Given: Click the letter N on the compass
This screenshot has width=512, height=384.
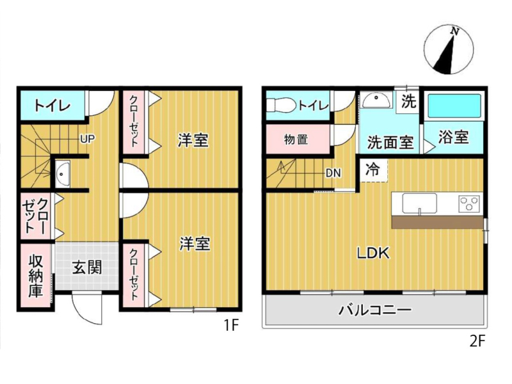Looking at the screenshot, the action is tap(454, 31).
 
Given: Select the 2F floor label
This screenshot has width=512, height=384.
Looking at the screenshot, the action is tap(477, 341).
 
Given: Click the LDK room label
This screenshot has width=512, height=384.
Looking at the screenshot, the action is tap(373, 253).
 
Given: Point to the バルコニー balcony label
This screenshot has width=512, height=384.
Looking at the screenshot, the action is tap(375, 310).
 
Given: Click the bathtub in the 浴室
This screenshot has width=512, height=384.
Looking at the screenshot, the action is tap(454, 106).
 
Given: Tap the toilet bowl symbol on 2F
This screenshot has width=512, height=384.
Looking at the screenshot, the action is tap(281, 105).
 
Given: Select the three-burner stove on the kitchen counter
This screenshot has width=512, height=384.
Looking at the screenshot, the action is tap(469, 203).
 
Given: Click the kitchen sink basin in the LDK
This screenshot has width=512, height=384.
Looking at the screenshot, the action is tap(420, 203).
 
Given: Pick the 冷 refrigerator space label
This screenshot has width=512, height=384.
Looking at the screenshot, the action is tap(372, 169).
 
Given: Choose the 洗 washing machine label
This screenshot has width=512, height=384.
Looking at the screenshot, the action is tap(408, 101).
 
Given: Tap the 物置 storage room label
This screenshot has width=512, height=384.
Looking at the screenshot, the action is tap(296, 140).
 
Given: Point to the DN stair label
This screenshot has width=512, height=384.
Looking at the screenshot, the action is tap(333, 173).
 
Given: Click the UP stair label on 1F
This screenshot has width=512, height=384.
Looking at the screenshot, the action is tap(88, 139).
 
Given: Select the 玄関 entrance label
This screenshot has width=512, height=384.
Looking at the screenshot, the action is tap(87, 267).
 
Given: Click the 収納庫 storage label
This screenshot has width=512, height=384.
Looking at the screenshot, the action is tap(35, 276).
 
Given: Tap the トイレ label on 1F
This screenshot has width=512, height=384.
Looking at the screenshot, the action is tap(52, 105).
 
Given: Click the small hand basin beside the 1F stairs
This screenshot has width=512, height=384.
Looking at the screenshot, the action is tap(62, 173).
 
